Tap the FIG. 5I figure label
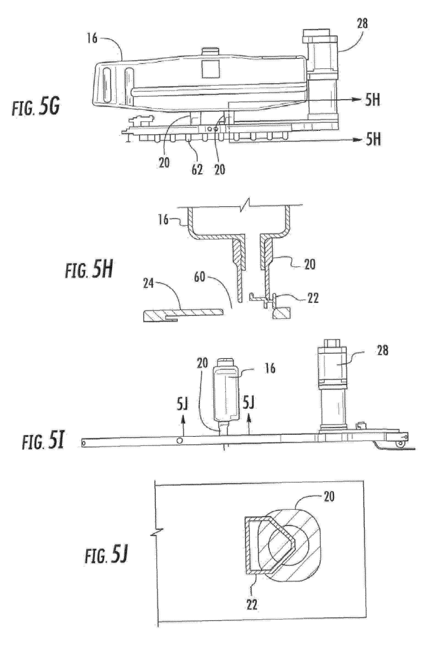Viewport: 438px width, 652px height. tap(43, 442)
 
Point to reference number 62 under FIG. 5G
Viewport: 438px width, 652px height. tap(197, 169)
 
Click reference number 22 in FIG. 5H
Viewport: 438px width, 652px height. tap(312, 298)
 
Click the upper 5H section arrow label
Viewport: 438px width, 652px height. tap(372, 101)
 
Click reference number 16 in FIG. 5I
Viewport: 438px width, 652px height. tap(270, 369)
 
